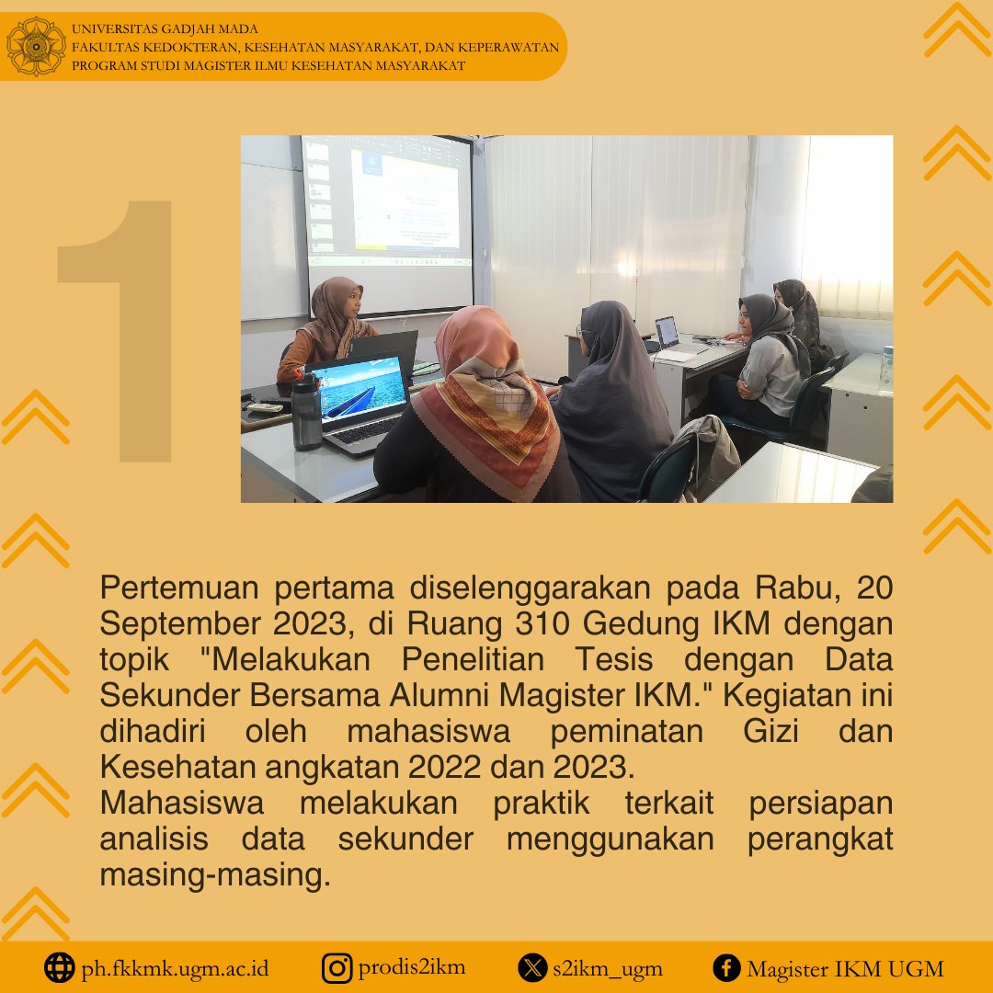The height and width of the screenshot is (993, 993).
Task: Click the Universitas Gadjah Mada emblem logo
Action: click(x=36, y=46)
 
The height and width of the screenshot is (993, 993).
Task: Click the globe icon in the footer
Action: click(x=60, y=967)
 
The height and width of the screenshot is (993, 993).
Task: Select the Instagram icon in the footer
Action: click(x=337, y=967)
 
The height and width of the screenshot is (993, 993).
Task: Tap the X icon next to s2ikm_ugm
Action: click(x=532, y=967)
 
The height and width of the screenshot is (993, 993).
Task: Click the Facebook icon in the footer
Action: click(x=726, y=967)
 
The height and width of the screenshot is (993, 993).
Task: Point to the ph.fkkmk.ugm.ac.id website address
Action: click(x=175, y=968)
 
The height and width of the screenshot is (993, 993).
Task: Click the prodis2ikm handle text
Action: click(x=412, y=967)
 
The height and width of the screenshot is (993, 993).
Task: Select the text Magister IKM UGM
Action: click(x=845, y=968)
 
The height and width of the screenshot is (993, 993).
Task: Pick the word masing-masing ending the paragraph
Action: click(x=214, y=875)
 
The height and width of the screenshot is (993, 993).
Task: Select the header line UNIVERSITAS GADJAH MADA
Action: click(x=165, y=29)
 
